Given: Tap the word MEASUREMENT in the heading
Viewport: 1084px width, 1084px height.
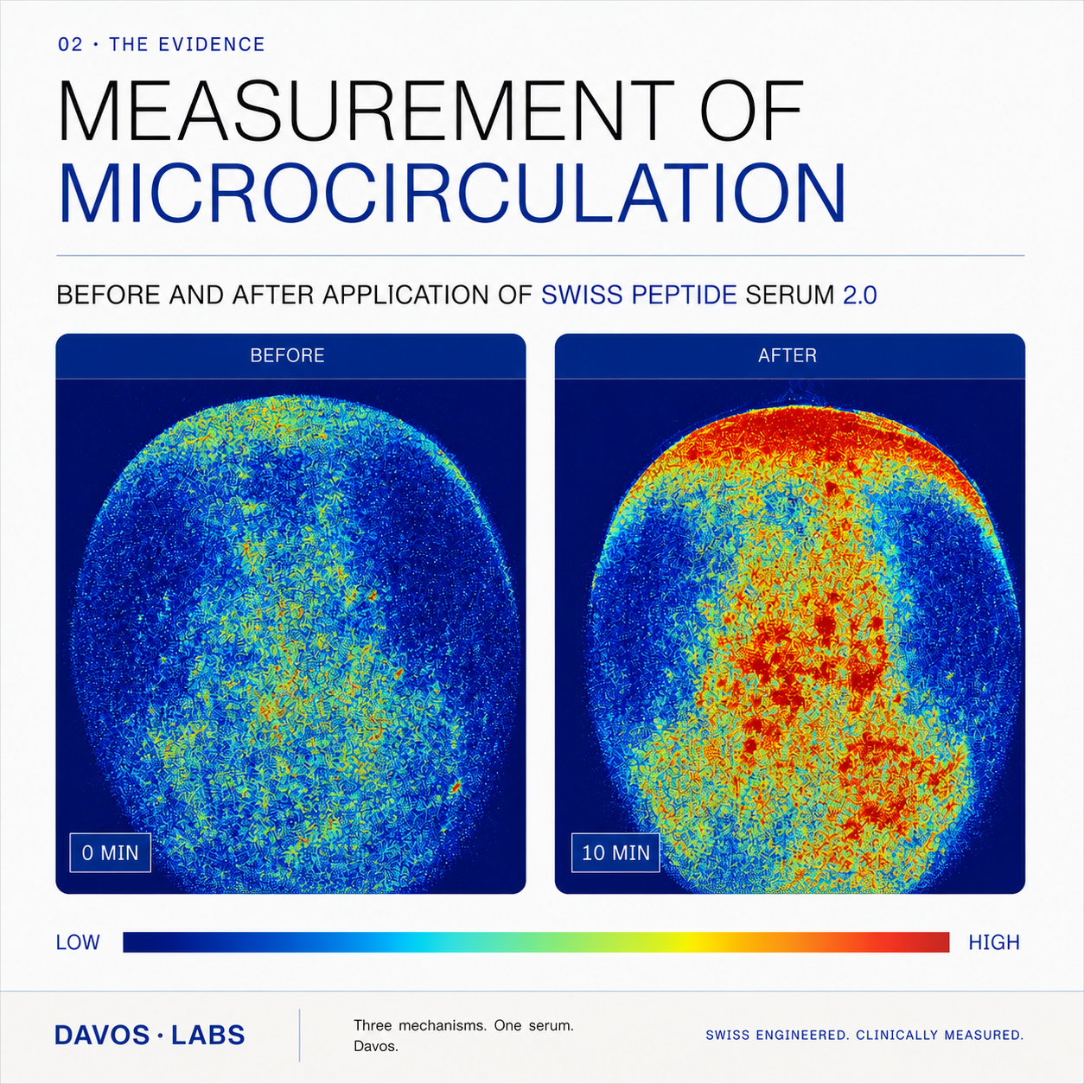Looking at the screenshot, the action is (367, 110).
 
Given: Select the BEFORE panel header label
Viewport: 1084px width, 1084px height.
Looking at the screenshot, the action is (288, 355).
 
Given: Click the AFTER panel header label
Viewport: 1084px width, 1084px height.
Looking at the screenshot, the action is (787, 355).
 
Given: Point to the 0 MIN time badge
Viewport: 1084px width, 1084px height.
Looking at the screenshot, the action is (111, 853).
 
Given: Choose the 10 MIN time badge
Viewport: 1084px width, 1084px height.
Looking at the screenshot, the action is (615, 853).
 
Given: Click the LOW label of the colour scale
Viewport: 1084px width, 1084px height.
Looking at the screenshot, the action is (78, 942).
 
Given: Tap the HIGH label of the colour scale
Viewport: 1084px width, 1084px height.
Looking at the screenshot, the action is (994, 942).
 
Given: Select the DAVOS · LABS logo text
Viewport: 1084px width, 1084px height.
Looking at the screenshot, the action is (150, 1035).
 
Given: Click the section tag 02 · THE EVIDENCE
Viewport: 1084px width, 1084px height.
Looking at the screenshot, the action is (162, 44).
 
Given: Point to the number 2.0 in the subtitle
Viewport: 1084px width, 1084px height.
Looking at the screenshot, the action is (859, 296).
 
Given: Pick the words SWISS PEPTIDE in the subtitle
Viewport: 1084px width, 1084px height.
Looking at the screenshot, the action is (639, 296).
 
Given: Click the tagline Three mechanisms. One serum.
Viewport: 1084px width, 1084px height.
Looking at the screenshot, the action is (463, 1025).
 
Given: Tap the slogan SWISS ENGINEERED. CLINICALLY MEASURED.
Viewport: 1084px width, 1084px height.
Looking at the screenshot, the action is (864, 1035).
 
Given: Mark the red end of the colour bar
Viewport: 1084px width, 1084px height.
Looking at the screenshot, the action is (940, 942).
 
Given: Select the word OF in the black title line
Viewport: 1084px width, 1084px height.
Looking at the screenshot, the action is (749, 110).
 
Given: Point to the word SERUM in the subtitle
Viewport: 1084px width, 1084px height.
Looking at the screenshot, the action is (790, 296).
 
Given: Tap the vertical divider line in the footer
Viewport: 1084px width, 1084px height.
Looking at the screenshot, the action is (300, 1035).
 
